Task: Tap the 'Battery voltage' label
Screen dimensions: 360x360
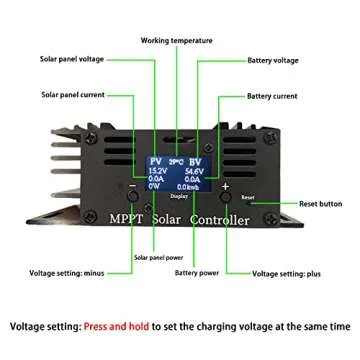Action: pyautogui.click(x=274, y=62)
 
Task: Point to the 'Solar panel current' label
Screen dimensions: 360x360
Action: pyautogui.click(x=72, y=96)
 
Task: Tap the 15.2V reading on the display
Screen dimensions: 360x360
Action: pyautogui.click(x=157, y=171)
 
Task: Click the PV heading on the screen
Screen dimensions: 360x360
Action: pyautogui.click(x=156, y=160)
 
